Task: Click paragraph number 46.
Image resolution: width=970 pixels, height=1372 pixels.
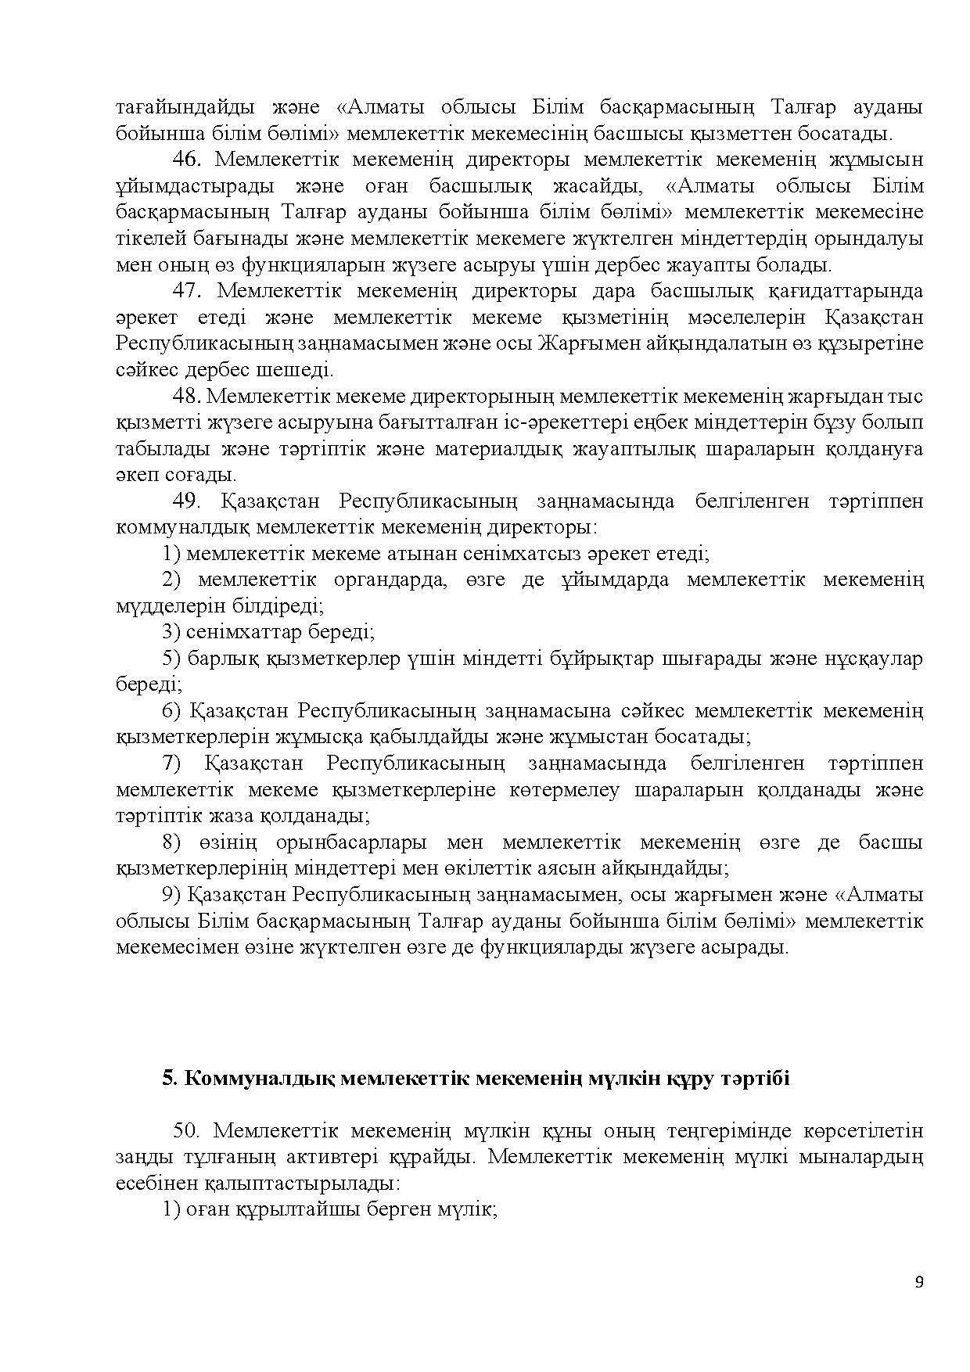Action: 187,160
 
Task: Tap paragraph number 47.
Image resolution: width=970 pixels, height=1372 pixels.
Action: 187,291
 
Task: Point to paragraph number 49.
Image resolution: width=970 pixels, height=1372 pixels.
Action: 187,501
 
